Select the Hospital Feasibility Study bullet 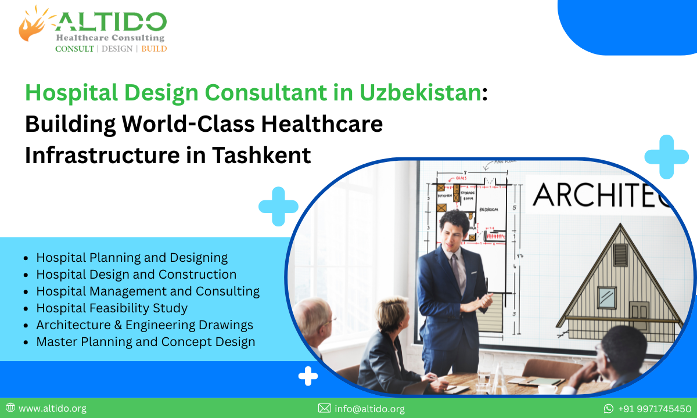click(x=112, y=308)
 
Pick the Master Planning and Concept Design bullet click(x=146, y=342)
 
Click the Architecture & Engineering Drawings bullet click(x=145, y=325)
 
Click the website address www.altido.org click(x=52, y=409)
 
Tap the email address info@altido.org click(x=369, y=409)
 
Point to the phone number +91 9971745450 click(x=655, y=409)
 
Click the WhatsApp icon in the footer click(x=609, y=409)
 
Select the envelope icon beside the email click(x=324, y=409)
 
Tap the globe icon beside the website click(x=10, y=409)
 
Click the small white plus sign click(x=308, y=376)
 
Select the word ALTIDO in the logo click(x=111, y=22)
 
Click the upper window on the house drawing click(x=620, y=255)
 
